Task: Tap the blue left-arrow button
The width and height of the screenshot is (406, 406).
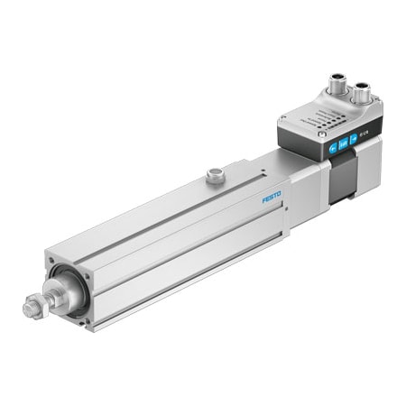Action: (334, 147)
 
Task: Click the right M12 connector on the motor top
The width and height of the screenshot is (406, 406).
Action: (362, 92)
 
